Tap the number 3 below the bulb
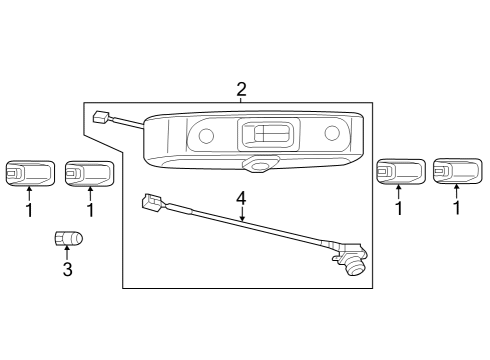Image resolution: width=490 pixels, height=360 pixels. coord(67,269)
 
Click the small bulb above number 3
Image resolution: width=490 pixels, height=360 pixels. coord(68,239)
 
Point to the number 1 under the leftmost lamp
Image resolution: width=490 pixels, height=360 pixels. coord(28,210)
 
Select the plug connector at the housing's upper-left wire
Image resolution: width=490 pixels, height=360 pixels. coord(100,118)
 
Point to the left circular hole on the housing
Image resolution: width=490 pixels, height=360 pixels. coord(205,136)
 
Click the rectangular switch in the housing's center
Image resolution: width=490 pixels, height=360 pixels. coord(267,134)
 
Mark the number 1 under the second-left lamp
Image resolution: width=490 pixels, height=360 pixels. coord(90,210)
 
